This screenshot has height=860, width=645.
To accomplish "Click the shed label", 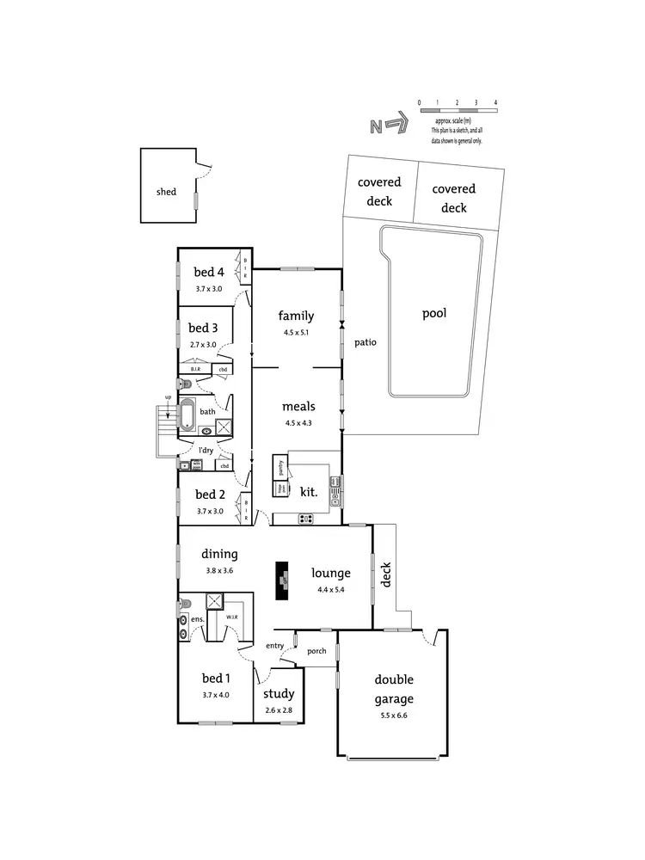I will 166,192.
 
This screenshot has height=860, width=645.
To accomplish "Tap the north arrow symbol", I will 387,126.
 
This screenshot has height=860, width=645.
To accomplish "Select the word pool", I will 434,314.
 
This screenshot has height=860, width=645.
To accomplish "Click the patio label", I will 365,342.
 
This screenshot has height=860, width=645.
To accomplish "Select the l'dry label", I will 206,451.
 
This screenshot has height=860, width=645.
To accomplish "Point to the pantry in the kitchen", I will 280,468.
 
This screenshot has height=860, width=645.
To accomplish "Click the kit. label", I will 309,493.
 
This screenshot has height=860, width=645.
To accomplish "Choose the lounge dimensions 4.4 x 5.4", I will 330,589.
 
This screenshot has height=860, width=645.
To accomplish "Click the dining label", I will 219,555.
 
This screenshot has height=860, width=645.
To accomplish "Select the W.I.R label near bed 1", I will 231,617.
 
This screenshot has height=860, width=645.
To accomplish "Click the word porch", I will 316,651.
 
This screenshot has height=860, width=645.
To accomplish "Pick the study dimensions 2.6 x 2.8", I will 278,710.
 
